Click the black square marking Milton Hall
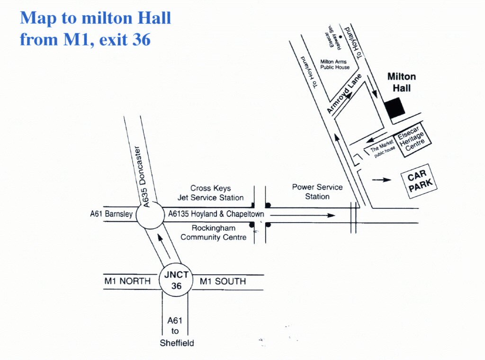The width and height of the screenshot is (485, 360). click(x=395, y=108)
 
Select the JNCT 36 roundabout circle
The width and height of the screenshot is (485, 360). click(x=176, y=280)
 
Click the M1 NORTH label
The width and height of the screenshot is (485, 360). click(x=127, y=281)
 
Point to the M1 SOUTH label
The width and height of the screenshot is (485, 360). click(x=223, y=281)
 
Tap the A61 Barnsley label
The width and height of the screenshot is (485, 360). click(x=111, y=214)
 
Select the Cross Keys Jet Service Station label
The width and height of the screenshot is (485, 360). click(x=210, y=193)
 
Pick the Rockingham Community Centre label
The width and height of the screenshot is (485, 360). click(x=213, y=232)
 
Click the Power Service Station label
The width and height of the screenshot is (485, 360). click(x=317, y=192)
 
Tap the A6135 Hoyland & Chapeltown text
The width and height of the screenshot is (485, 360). click(x=216, y=214)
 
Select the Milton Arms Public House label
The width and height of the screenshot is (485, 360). click(x=334, y=64)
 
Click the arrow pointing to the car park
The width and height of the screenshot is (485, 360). click(x=382, y=180)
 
